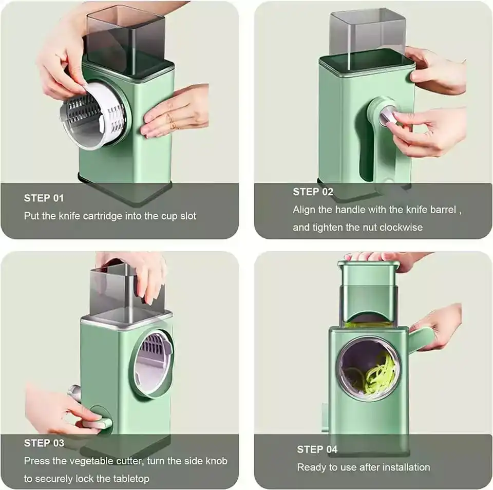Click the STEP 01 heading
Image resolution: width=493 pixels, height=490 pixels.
click(x=44, y=198)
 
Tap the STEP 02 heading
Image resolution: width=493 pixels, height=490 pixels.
click(x=313, y=192)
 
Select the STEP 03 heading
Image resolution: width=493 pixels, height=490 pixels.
click(x=44, y=443)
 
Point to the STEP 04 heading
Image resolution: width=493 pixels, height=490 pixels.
click(x=317, y=449)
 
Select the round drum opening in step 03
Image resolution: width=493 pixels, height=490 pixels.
click(x=153, y=363)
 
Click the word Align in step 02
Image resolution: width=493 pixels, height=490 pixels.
click(x=305, y=210)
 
